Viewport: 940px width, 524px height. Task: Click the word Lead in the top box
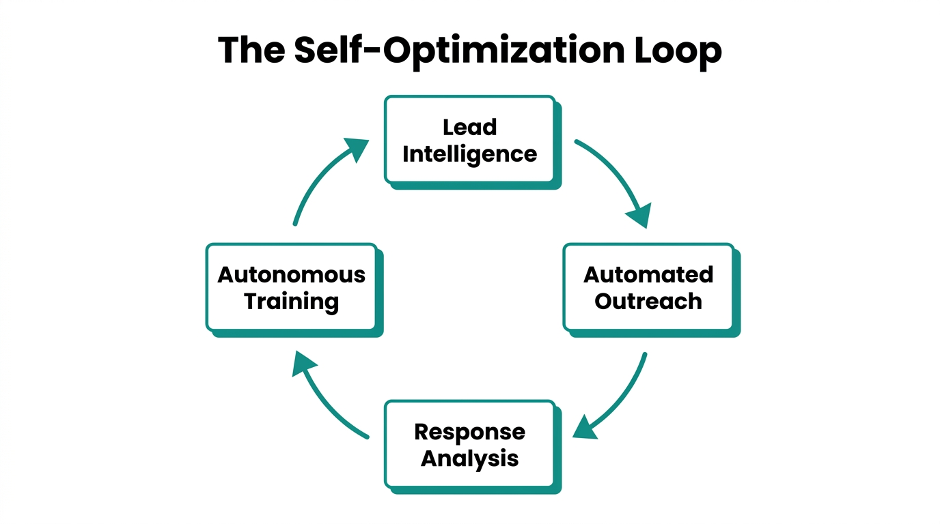pyautogui.click(x=469, y=128)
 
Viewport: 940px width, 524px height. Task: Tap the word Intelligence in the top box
pyautogui.click(x=469, y=155)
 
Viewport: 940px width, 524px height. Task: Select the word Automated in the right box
pyautogui.click(x=648, y=275)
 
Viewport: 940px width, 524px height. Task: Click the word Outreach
pyautogui.click(x=648, y=302)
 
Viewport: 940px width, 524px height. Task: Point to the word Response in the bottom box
pyautogui.click(x=469, y=432)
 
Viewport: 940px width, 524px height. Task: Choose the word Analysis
pyautogui.click(x=469, y=458)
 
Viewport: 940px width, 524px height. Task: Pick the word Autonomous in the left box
pyautogui.click(x=291, y=275)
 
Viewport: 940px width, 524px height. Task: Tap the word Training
pyautogui.click(x=291, y=302)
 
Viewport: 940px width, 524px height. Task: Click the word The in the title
pyautogui.click(x=251, y=50)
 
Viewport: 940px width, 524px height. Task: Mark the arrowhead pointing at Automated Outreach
pyautogui.click(x=639, y=215)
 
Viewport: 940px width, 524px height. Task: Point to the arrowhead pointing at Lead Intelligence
pyautogui.click(x=357, y=148)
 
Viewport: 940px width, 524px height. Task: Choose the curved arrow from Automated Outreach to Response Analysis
pyautogui.click(x=625, y=396)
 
